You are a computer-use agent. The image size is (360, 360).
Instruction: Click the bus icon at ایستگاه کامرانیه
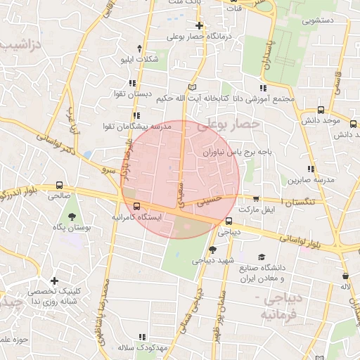click(x=136, y=207)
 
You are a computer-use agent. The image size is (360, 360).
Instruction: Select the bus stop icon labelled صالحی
click(x=59, y=186)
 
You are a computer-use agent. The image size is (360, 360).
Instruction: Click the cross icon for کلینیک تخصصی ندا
click(x=54, y=281)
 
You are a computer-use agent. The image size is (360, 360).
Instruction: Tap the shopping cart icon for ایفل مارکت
click(x=255, y=199)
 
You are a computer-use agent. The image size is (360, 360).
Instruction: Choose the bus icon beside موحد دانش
click(x=321, y=110)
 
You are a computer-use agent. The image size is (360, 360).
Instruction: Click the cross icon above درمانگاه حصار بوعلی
click(x=199, y=25)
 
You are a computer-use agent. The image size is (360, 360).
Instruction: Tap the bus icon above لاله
click(x=345, y=276)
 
